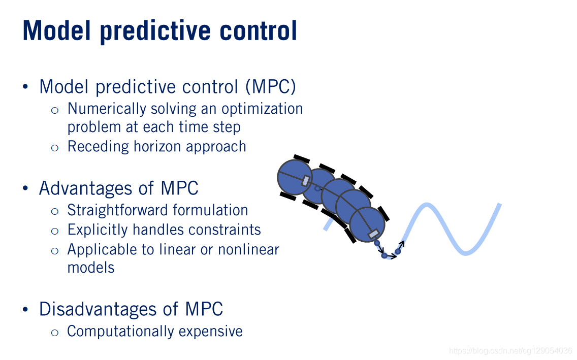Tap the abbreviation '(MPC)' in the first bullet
[270, 87]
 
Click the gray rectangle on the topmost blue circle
[305, 181]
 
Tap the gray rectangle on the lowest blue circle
[373, 234]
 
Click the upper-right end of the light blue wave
[500, 205]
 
